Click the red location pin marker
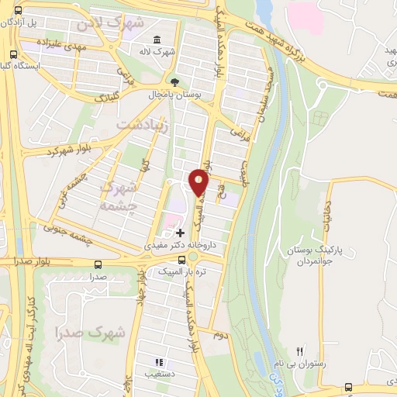[x=199, y=182]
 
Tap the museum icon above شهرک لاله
[x=157, y=40]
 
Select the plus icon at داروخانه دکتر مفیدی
[x=180, y=232]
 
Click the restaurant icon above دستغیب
[x=159, y=361]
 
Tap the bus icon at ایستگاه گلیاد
[x=13, y=54]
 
